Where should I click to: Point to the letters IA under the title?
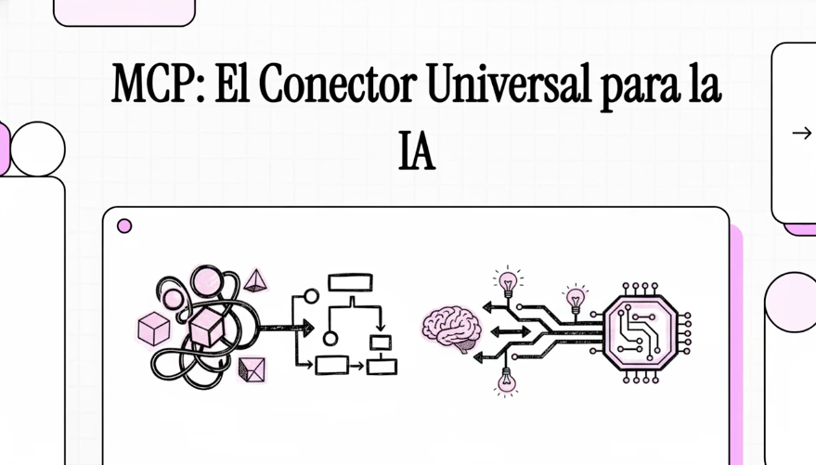click(416, 153)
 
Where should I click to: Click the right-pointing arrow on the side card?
click(801, 134)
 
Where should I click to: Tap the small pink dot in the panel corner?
click(124, 226)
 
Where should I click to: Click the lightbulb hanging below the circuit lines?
click(506, 381)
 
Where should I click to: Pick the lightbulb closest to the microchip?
click(576, 299)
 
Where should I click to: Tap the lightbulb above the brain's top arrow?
click(507, 280)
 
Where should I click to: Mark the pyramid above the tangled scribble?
click(256, 278)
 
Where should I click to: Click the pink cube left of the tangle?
click(153, 329)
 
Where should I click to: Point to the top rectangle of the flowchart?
click(350, 282)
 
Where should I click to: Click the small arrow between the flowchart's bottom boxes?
click(356, 366)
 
